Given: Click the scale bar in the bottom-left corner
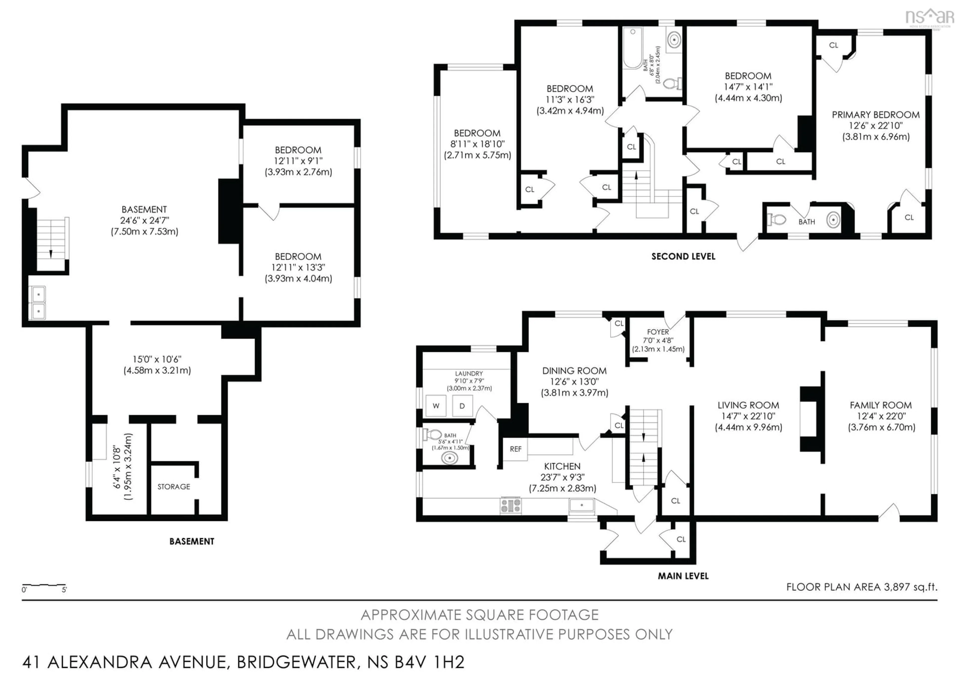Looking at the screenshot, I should [x=44, y=585].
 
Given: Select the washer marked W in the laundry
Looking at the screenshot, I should [x=436, y=406].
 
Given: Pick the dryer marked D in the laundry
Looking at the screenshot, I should [x=462, y=406].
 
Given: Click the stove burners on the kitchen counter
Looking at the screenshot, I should [x=511, y=505].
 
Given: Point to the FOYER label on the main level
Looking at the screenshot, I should [x=658, y=332].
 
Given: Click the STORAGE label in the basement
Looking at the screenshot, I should [x=174, y=487].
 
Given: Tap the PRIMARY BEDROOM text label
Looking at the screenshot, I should [x=876, y=115].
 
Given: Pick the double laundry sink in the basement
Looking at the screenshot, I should [x=37, y=303].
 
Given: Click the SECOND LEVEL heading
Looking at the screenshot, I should [x=683, y=257].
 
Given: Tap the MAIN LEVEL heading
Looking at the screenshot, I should [x=683, y=576].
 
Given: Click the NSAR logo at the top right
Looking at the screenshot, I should [x=929, y=17].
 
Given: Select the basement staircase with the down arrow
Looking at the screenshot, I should [x=51, y=244].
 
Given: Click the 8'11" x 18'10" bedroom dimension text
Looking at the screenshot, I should [x=478, y=144].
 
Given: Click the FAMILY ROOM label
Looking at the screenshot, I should [x=881, y=405].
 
